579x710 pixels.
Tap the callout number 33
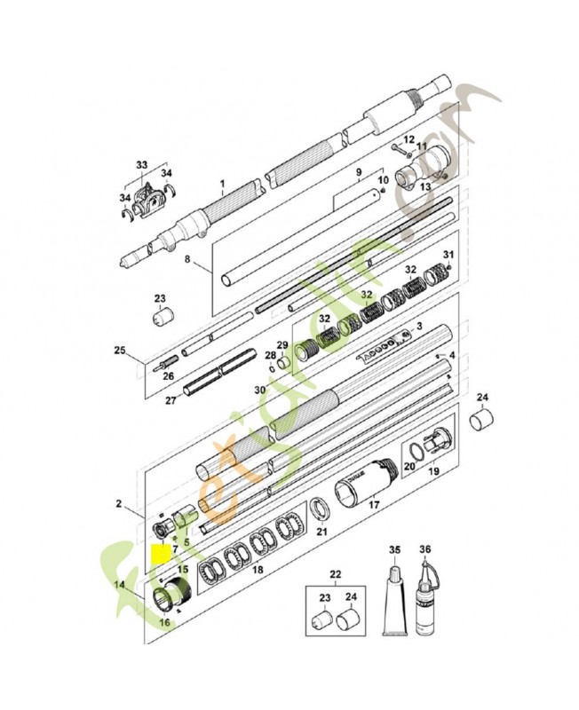point(141,165)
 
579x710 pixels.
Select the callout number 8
point(187,260)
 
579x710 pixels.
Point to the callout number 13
point(424,186)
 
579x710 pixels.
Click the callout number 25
point(121,351)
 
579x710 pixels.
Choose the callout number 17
point(373,506)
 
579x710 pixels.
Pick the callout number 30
point(260,390)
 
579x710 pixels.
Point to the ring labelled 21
point(320,514)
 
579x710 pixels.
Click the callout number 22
point(335,574)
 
